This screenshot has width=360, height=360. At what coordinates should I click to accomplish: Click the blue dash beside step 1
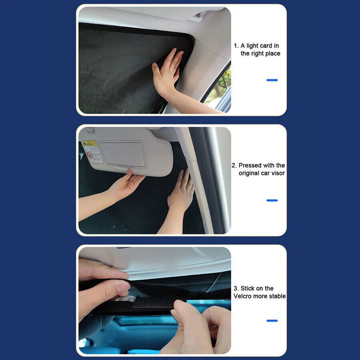[272, 80]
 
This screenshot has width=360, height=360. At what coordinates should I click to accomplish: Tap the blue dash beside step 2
[272, 200]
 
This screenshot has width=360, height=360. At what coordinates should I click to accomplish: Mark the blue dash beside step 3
[272, 321]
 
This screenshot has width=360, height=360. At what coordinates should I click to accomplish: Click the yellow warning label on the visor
[90, 143]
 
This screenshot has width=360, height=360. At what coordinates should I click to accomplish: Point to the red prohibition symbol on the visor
[90, 155]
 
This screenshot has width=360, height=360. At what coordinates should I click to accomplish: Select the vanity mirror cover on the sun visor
[123, 154]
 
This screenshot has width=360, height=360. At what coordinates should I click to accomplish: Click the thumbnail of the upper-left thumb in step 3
[122, 288]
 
